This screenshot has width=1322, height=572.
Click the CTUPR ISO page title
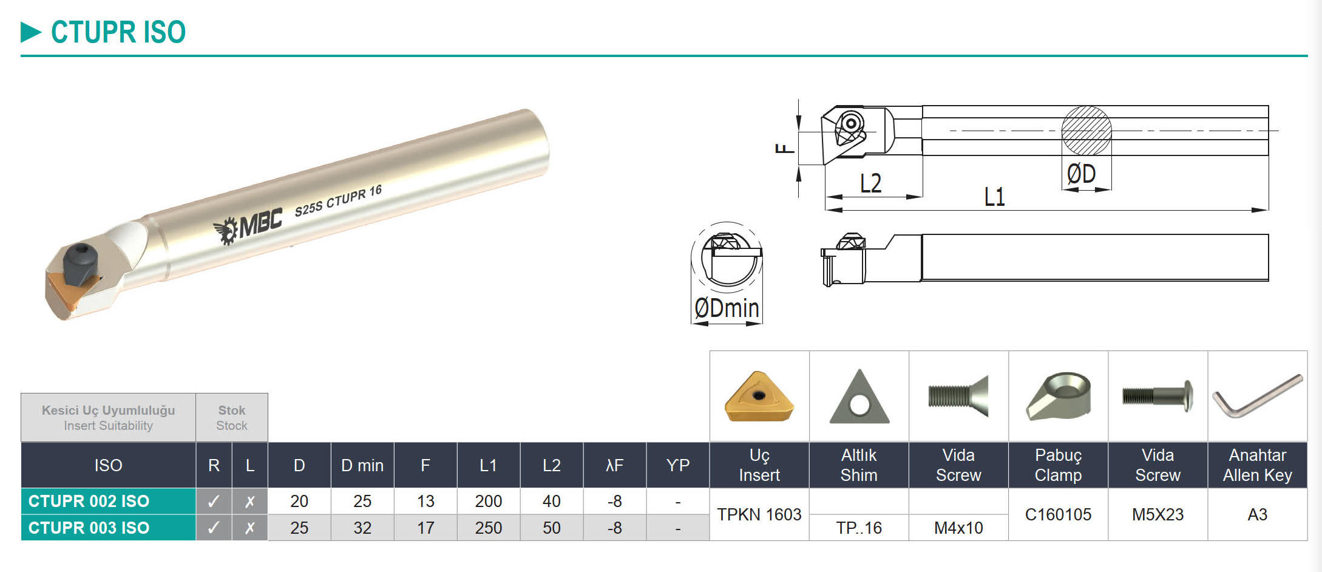(118, 32)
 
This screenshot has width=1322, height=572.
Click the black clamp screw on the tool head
(80, 265)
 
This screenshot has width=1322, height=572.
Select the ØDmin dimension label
(727, 308)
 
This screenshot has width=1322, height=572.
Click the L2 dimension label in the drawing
(870, 183)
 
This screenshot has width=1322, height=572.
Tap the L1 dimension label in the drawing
(994, 197)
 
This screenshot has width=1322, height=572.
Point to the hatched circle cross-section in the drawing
(1086, 131)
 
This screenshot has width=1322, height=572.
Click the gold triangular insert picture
(759, 397)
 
